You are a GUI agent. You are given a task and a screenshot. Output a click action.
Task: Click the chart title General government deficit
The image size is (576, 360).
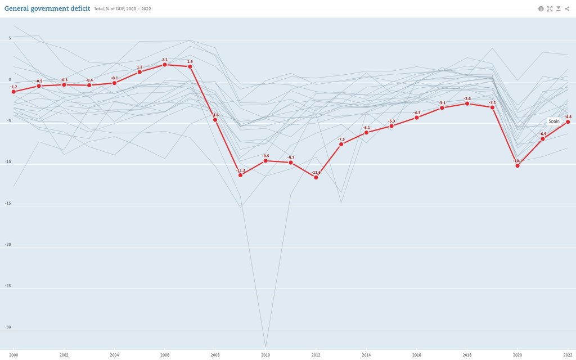47,8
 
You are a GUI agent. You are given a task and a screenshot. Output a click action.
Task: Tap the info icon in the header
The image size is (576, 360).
541,8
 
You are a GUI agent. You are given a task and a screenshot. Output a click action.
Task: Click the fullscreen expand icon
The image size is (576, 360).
550,8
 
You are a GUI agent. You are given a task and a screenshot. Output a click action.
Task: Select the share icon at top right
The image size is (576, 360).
567,8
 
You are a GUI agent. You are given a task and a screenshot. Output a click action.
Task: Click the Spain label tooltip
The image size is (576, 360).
554,121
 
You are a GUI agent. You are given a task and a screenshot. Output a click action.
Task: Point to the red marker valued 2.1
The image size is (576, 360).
165,65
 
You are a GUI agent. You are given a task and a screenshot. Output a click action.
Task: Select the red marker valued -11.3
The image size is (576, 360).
241,175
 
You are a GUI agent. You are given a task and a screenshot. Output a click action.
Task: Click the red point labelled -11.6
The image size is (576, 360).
316,177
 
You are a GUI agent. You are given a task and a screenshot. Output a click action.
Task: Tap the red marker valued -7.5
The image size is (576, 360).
341,144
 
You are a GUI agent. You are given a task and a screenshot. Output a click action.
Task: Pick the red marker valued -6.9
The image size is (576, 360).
543,138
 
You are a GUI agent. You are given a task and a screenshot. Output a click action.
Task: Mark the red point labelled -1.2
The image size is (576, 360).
13,91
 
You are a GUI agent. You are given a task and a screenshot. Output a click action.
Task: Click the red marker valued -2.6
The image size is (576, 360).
467,103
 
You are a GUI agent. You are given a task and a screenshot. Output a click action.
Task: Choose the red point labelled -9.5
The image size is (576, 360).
265,160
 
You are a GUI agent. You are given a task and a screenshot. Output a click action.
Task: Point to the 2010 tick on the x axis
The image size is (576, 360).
265,355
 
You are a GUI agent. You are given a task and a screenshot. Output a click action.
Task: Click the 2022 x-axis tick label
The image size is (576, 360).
568,355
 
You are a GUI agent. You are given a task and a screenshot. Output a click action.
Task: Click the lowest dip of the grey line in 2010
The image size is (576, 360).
265,347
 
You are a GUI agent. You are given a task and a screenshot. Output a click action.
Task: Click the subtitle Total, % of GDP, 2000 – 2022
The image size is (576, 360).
123,9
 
